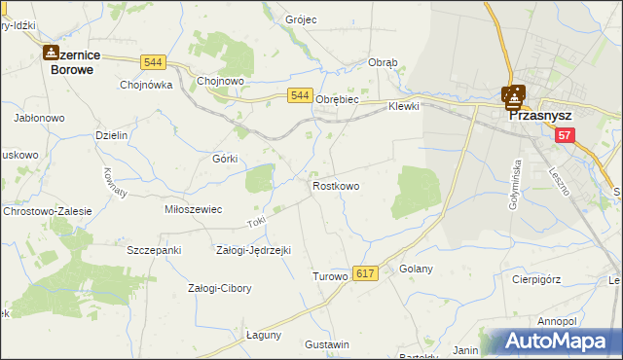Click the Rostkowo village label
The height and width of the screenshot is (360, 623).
pos(336,185)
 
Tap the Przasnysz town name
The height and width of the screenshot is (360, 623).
pos(540,113)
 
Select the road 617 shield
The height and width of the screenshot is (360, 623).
pos(365,275)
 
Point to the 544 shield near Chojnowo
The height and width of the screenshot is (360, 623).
pos(152,62)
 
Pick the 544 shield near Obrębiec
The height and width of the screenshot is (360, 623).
pos(300,95)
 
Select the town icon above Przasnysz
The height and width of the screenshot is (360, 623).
pos(513,95)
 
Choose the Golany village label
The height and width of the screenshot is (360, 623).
pos(416,269)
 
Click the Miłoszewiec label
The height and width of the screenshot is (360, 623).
pos(194,209)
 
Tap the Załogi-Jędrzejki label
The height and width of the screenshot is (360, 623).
pos(253,250)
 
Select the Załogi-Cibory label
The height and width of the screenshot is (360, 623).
pos(219,288)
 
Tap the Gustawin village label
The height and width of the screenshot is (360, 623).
pos(326,344)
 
